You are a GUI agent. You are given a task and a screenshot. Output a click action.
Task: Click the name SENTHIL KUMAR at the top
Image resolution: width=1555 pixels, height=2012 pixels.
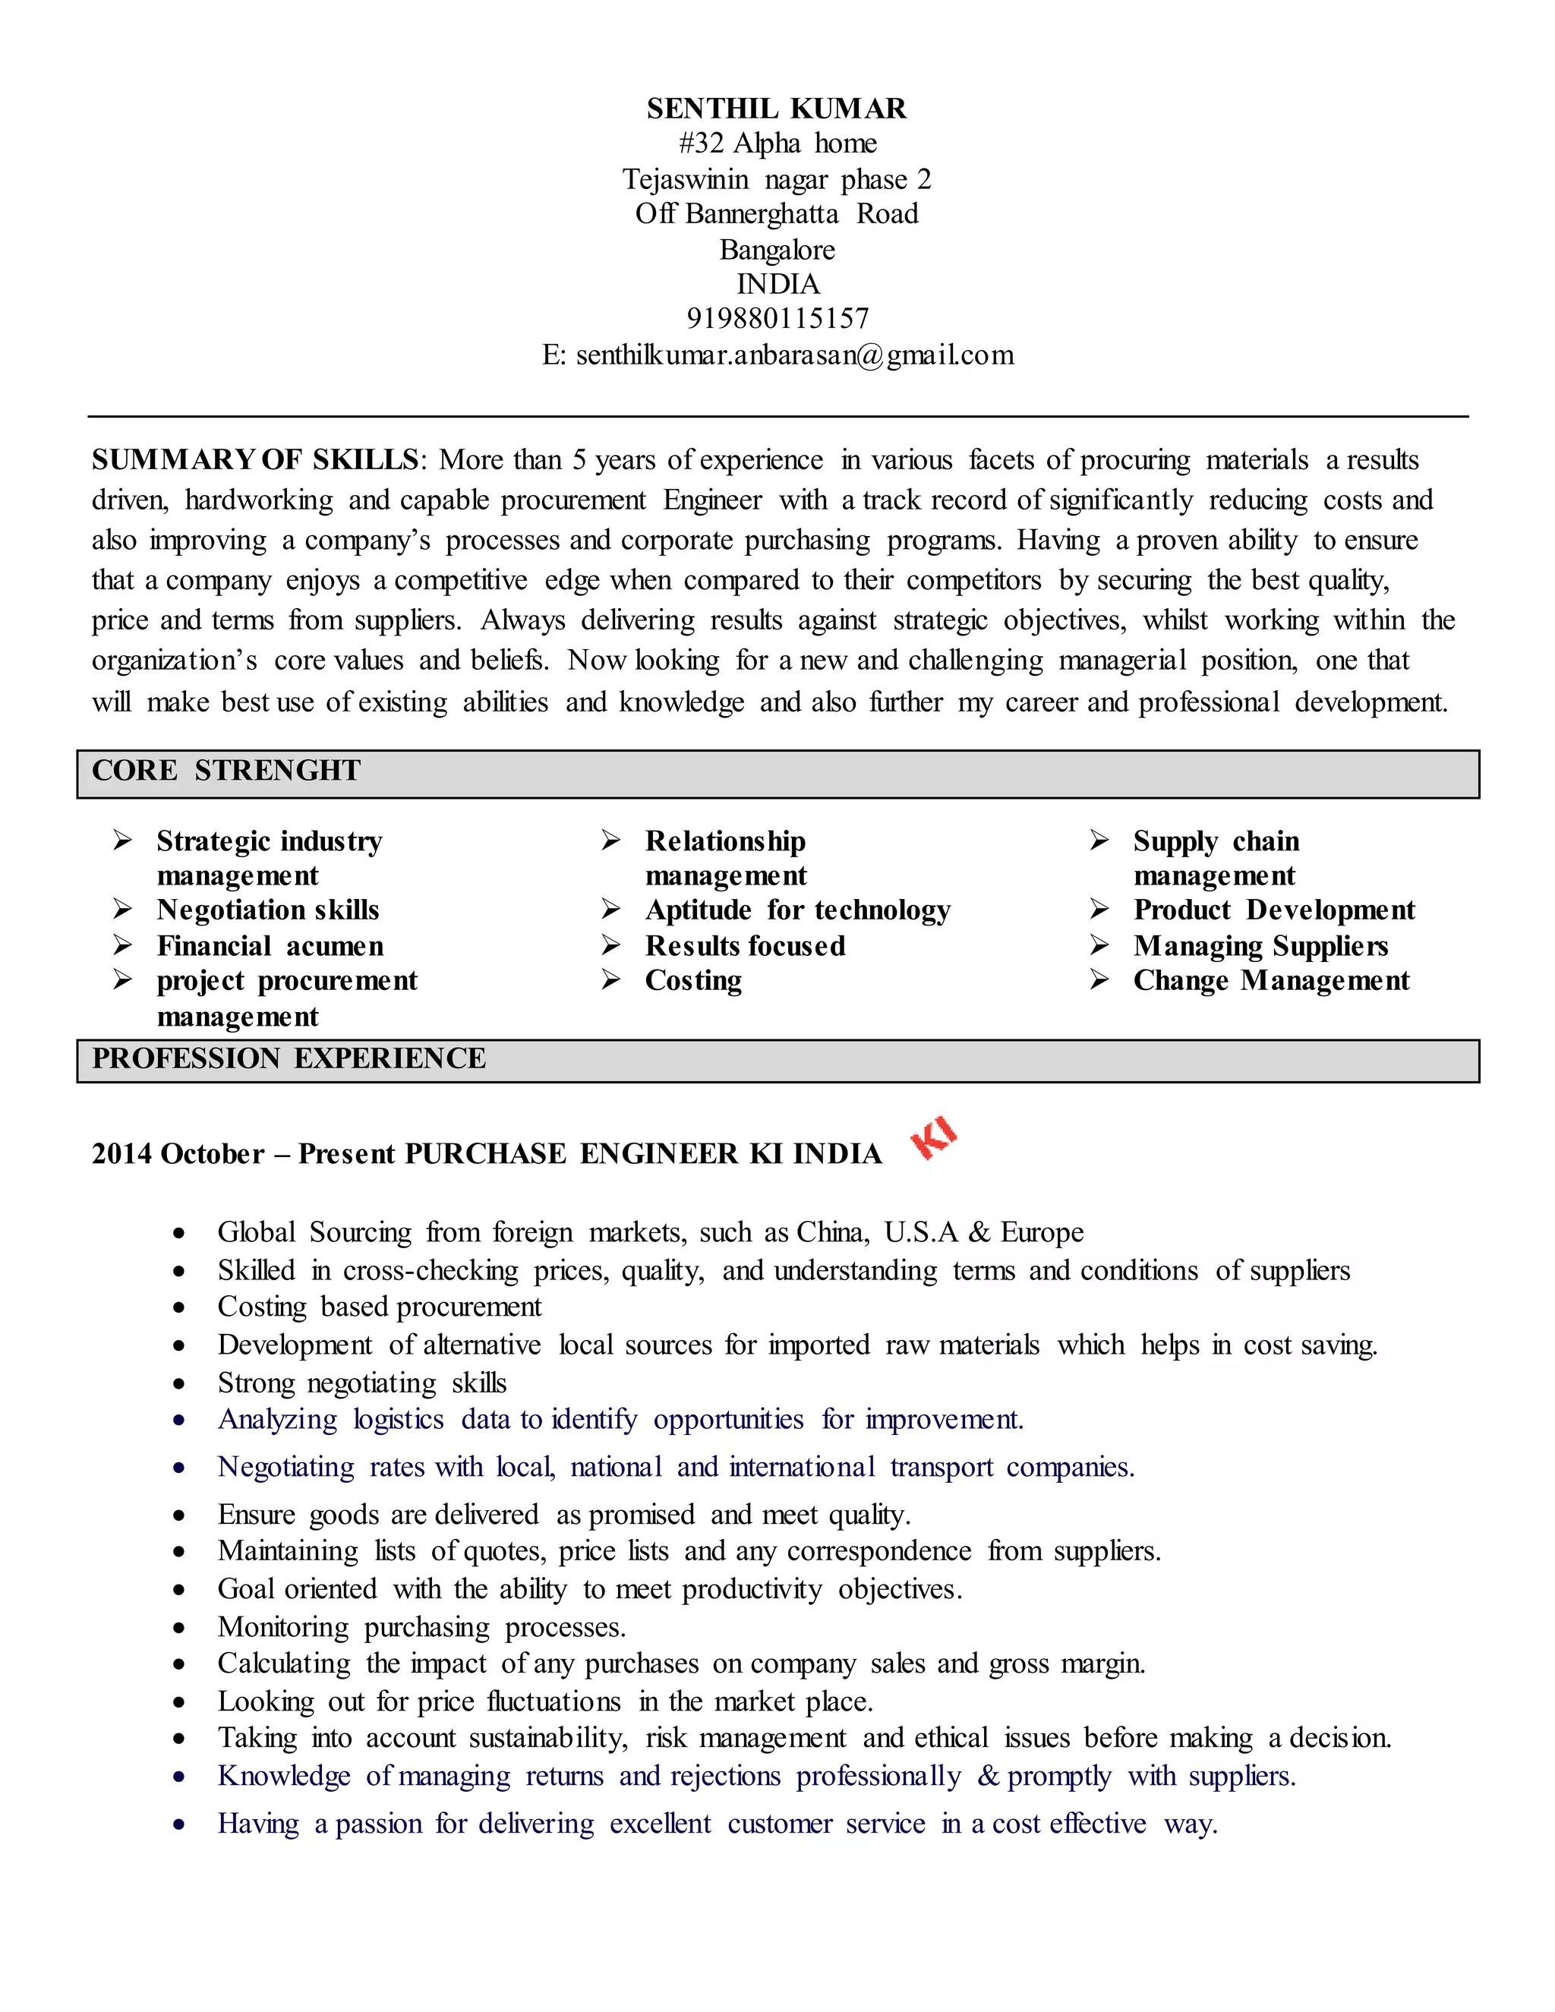point(776,109)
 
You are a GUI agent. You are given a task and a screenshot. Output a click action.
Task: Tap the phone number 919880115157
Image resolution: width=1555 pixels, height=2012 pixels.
point(777,319)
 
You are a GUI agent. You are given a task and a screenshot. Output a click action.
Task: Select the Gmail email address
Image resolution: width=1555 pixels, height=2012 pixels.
point(794,355)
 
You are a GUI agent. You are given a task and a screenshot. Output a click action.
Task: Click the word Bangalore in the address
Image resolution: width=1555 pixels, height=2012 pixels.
point(777,250)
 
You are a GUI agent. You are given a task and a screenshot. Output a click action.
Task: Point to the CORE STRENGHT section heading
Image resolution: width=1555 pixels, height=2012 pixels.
point(226,770)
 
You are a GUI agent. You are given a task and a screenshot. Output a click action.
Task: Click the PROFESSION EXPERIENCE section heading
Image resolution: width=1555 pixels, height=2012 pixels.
point(289,1058)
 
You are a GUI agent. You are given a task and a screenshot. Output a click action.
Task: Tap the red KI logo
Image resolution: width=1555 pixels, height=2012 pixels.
point(933,1139)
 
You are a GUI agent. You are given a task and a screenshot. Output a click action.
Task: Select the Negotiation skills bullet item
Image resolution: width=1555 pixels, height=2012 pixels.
point(267,910)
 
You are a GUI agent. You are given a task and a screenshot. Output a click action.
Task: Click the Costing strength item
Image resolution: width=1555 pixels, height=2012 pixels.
point(692,980)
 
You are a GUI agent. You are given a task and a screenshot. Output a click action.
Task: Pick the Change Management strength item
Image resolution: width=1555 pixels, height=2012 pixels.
point(1270,980)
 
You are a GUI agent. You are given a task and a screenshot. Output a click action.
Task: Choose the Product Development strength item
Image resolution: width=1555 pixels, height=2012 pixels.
point(1273,910)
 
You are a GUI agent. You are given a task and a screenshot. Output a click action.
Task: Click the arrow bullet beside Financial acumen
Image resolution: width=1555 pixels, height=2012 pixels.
point(122,945)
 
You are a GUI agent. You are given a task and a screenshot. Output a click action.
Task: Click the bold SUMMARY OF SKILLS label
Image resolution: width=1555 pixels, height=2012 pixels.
point(255,459)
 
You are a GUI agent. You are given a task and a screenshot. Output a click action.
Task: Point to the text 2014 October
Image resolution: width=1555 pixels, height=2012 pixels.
point(178,1153)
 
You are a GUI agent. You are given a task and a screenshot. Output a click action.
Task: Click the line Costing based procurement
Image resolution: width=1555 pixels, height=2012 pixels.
point(380,1307)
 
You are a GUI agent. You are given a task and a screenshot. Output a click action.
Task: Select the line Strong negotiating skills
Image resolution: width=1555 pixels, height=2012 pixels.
point(362,1383)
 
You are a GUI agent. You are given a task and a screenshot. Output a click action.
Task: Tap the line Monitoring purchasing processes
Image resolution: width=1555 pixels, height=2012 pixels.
point(421,1627)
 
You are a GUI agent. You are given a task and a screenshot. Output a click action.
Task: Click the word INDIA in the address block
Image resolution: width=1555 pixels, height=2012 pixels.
point(777,284)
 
